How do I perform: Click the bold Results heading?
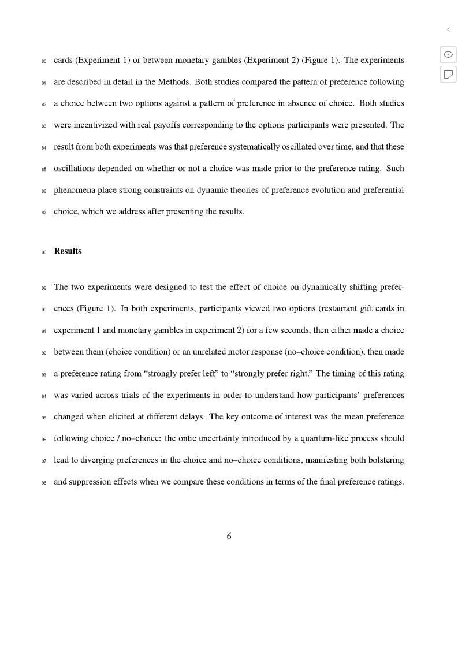click(68, 251)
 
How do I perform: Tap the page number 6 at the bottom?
click(229, 537)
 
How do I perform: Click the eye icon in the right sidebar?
click(448, 54)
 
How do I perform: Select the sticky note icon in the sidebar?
click(448, 75)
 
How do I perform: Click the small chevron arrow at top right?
click(448, 29)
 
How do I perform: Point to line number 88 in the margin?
click(44, 252)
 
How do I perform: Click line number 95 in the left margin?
click(44, 418)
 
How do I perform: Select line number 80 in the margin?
click(44, 61)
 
